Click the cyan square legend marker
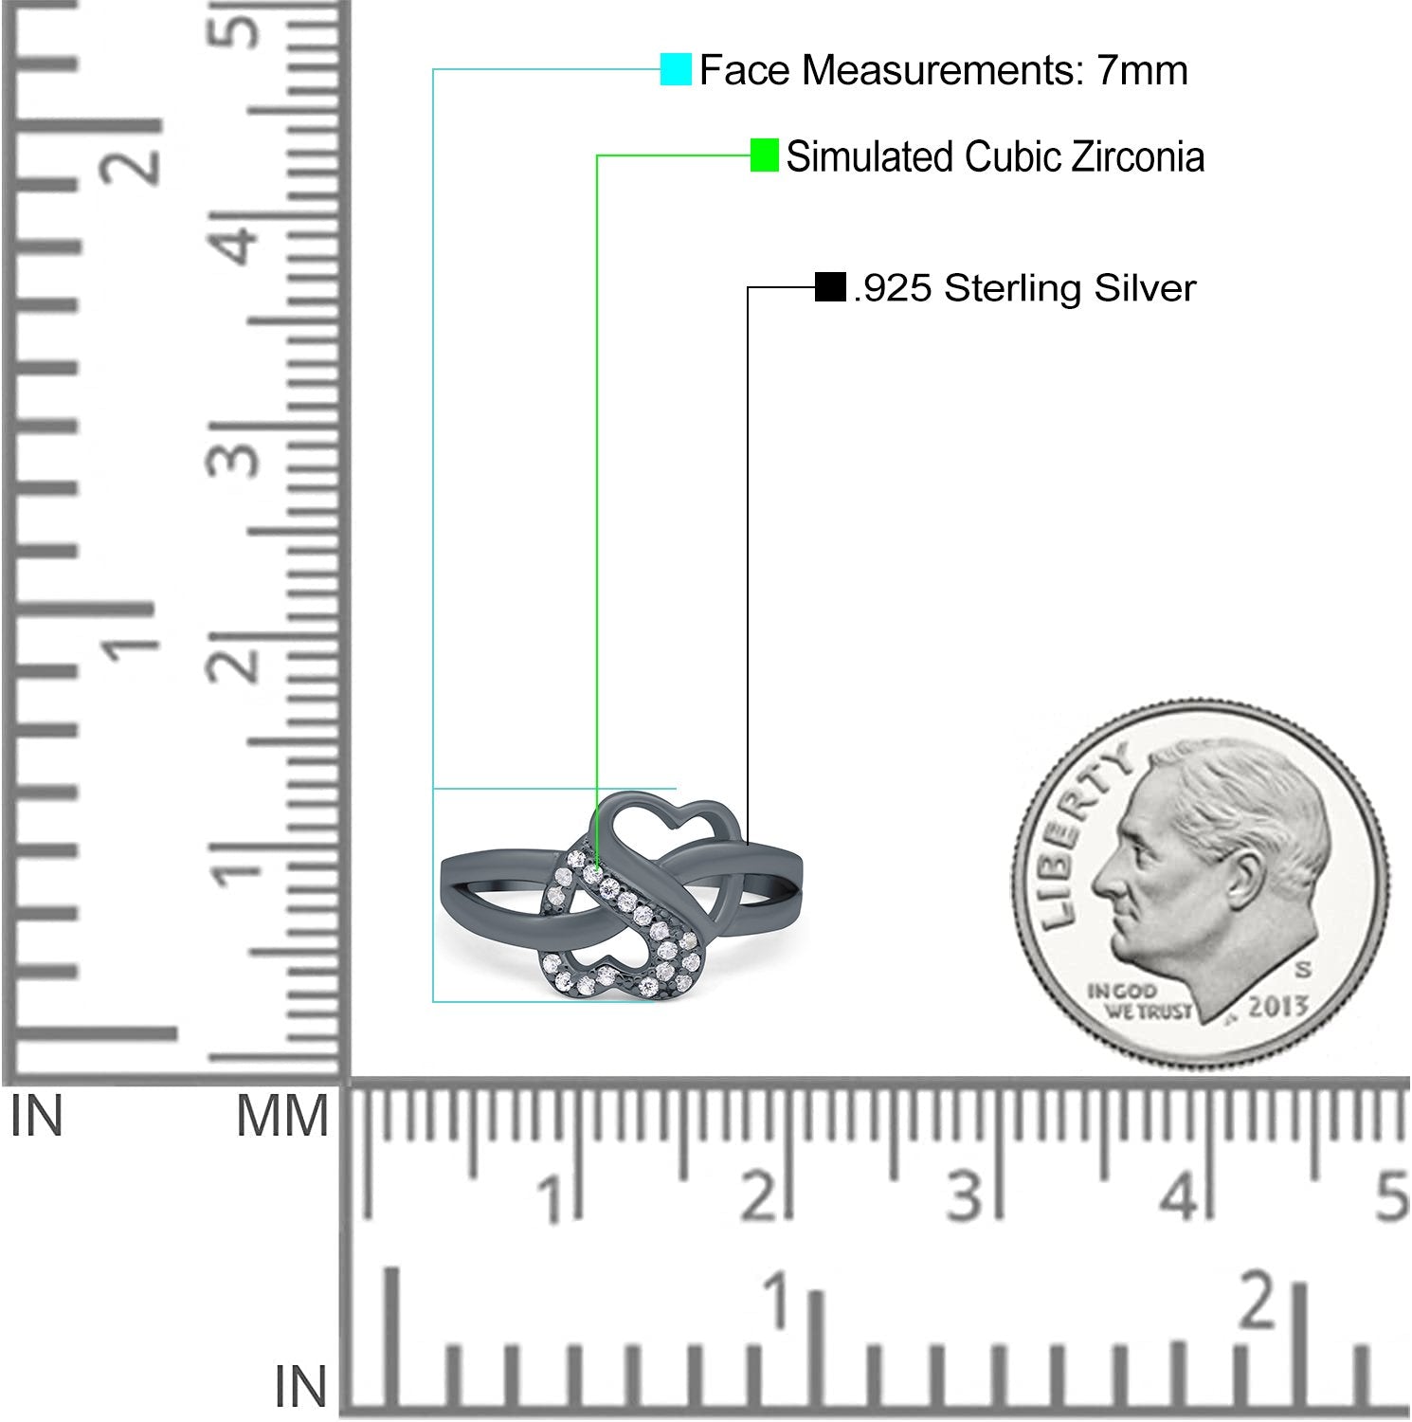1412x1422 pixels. click(x=676, y=69)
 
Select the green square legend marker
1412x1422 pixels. click(x=765, y=155)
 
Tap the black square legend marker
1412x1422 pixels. click(x=830, y=287)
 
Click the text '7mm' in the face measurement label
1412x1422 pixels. click(x=1143, y=70)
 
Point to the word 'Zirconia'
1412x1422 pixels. click(x=1138, y=156)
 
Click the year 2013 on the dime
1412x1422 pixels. click(x=1278, y=1007)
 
